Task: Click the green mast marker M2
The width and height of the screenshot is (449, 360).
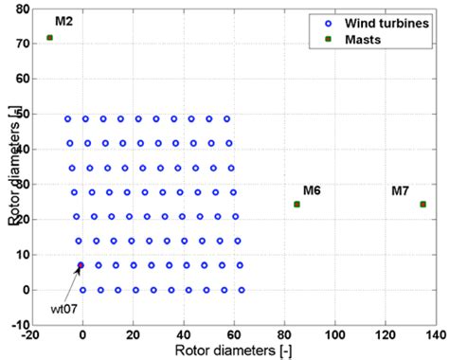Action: (x=49, y=38)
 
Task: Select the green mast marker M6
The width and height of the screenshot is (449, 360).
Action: (x=296, y=205)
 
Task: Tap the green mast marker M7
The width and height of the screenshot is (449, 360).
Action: (x=422, y=205)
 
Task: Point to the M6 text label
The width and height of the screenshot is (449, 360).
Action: (x=312, y=190)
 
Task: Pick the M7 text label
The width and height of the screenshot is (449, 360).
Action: (x=402, y=190)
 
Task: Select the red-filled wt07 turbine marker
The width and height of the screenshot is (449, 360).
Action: (x=81, y=266)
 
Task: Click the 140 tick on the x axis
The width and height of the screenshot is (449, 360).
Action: (x=435, y=335)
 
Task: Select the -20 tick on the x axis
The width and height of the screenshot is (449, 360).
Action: (x=32, y=335)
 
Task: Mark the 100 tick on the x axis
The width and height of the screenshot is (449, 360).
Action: (x=334, y=335)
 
